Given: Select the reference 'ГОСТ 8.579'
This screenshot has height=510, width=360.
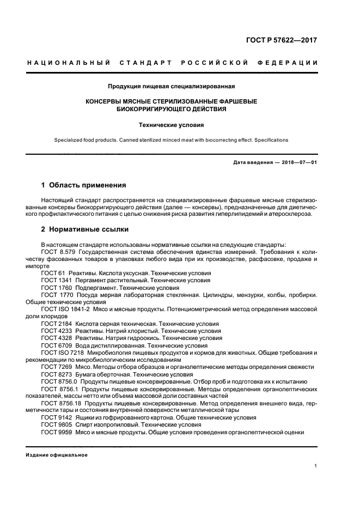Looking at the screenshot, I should point(58,252).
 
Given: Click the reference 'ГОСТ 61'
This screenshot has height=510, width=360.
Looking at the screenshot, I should point(53,273).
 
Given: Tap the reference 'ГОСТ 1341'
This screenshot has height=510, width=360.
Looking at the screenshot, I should point(56,280).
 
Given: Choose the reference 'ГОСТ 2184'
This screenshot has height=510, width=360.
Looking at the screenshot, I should point(56,324).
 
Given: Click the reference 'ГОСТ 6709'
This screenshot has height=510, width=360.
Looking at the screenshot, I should point(56,345).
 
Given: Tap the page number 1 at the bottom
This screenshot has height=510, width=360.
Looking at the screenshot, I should point(316,466).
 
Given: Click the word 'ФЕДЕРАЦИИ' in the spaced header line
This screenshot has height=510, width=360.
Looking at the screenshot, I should point(294,63).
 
